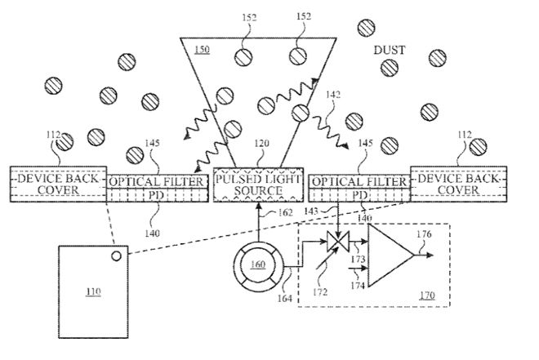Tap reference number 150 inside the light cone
tap(202, 51)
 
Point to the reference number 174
tap(356, 285)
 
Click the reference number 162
tap(285, 215)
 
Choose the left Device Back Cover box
tap(57, 184)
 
